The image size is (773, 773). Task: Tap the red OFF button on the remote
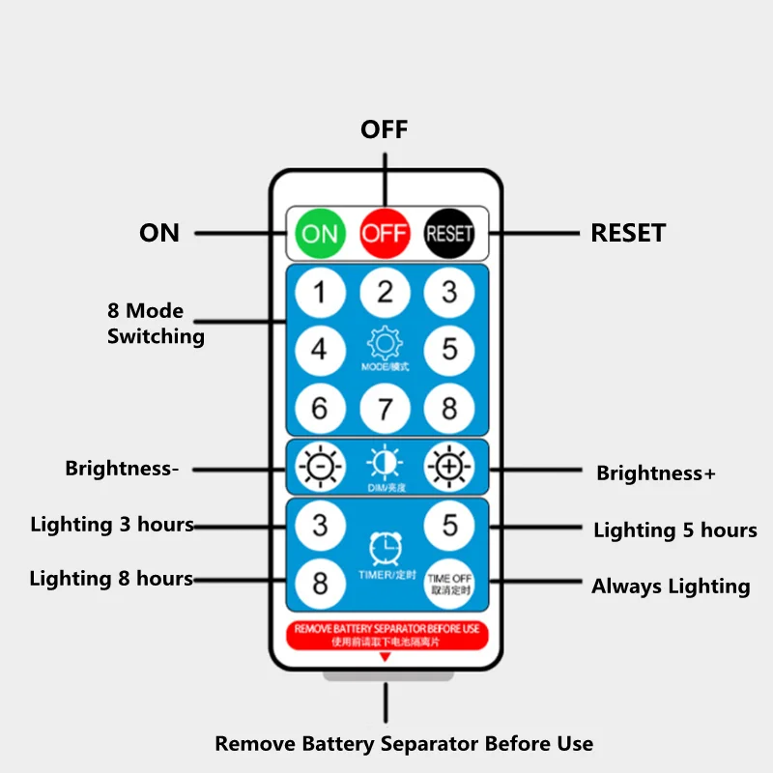(385, 233)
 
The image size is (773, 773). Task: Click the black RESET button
(449, 233)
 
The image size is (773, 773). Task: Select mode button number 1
(320, 293)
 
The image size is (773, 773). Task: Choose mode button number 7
(385, 408)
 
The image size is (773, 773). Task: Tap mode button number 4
(320, 350)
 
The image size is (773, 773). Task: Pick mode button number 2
(385, 293)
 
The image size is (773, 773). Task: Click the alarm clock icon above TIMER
(386, 548)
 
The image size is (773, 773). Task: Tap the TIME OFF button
(449, 583)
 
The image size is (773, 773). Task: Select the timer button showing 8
(320, 583)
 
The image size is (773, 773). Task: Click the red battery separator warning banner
(386, 635)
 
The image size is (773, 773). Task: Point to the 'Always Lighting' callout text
(671, 586)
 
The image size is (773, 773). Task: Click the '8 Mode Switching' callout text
(155, 324)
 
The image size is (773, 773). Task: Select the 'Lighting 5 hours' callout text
(674, 530)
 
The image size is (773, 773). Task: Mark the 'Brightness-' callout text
(122, 469)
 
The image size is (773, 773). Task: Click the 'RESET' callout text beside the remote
(628, 233)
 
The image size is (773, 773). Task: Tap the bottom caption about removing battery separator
(404, 744)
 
